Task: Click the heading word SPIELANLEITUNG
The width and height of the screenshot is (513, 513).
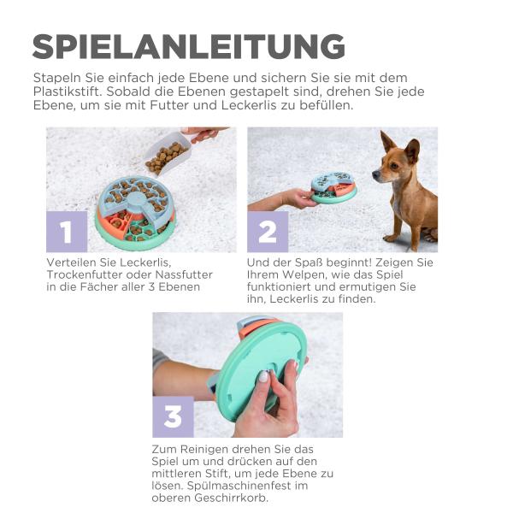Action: click(189, 46)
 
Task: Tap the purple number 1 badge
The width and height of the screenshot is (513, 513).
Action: click(67, 232)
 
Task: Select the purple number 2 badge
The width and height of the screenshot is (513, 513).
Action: click(268, 232)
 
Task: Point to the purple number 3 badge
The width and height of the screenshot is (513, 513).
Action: click(173, 417)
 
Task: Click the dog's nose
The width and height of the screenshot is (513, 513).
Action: click(374, 175)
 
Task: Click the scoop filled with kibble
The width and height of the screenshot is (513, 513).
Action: click(167, 152)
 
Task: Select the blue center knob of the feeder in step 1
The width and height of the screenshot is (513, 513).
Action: click(137, 199)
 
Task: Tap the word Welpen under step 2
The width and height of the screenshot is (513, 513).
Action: click(304, 274)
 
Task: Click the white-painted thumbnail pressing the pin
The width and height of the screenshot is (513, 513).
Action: click(264, 376)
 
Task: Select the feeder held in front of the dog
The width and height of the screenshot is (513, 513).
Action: click(333, 187)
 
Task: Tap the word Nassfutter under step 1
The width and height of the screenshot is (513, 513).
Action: click(184, 274)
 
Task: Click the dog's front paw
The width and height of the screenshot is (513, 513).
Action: click(391, 237)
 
